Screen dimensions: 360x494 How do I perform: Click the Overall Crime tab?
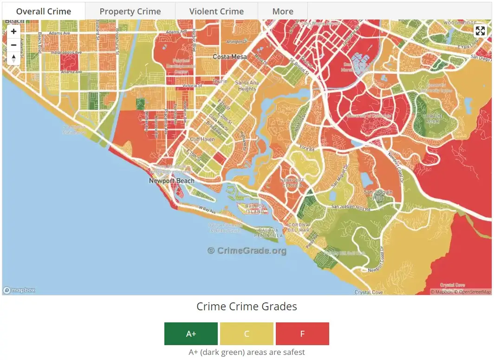[x=44, y=11]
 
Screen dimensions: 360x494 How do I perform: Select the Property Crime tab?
[x=130, y=11]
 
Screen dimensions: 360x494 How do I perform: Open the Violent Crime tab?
[x=216, y=11]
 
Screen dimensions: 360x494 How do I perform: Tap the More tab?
[x=283, y=11]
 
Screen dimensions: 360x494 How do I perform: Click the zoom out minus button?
[x=13, y=45]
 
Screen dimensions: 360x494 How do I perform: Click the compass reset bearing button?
[x=13, y=58]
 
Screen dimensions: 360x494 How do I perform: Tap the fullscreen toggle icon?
[x=480, y=31]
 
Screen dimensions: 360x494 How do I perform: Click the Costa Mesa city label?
[x=230, y=57]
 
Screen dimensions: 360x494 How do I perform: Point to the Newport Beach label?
[x=172, y=181]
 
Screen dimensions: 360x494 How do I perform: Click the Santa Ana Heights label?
[x=247, y=85]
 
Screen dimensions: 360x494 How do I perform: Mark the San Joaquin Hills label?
[x=378, y=195]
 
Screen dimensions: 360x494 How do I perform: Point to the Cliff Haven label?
[x=202, y=139]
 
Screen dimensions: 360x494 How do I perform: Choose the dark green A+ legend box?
[x=191, y=334]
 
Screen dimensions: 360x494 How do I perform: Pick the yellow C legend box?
[x=247, y=334]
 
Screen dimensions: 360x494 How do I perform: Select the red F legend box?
[x=302, y=334]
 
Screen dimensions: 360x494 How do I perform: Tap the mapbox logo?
[x=19, y=290]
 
